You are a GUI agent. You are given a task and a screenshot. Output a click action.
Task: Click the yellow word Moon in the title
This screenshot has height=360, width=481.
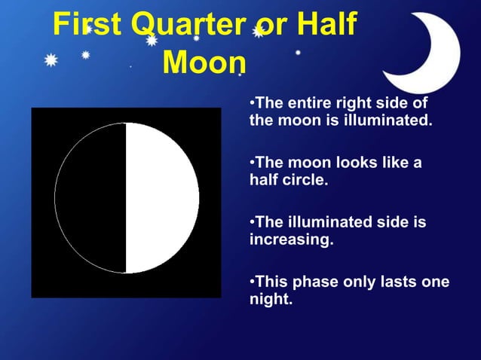[204, 63]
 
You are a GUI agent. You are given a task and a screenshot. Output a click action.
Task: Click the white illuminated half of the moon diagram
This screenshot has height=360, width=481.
[161, 198]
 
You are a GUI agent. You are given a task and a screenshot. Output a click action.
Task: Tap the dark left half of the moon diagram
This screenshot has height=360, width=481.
[91, 198]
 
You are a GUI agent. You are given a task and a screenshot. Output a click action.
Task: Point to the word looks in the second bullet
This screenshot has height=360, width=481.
[340, 163]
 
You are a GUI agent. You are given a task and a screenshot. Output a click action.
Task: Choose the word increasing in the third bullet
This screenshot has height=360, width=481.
[290, 241]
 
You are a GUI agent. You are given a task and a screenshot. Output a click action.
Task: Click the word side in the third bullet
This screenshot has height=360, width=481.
[391, 223]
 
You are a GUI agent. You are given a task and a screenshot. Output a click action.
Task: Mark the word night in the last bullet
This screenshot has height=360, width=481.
[270, 300]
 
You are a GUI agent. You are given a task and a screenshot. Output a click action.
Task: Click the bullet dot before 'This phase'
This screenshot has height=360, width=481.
[252, 282]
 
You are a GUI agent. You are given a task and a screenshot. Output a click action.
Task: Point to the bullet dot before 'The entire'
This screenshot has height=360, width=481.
[252, 102]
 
